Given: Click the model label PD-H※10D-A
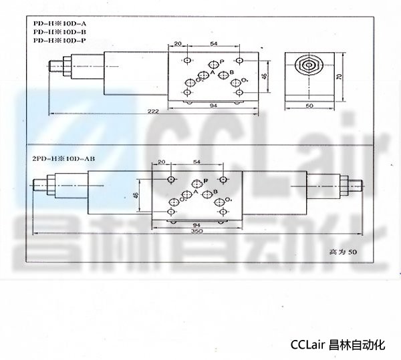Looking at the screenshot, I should (x=55, y=25).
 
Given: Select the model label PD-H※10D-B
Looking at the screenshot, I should (x=55, y=33).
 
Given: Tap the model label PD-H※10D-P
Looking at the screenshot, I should (x=55, y=41).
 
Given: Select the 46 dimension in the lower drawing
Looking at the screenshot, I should (x=136, y=194).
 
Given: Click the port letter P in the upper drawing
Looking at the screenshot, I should (x=221, y=62).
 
